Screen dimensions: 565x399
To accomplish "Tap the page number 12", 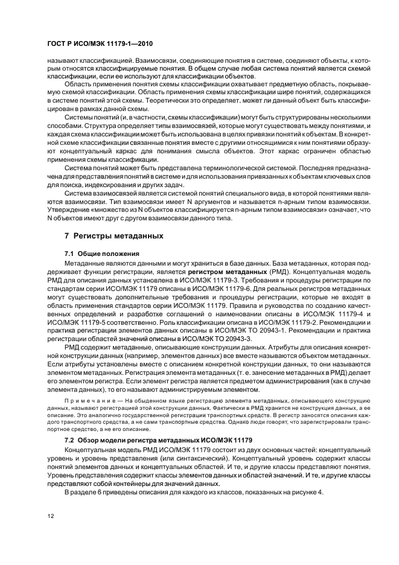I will click(x=51, y=516).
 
